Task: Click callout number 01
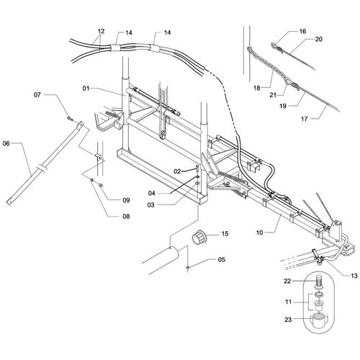(x=86, y=89)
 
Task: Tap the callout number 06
(x=6, y=143)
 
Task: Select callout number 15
(x=225, y=233)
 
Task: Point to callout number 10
(x=260, y=233)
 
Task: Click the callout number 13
(x=354, y=276)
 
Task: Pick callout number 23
(x=288, y=320)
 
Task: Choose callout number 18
(x=257, y=88)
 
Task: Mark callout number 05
(x=222, y=259)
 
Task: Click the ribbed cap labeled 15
(x=198, y=237)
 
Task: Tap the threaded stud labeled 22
(x=319, y=281)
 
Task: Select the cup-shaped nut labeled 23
(x=319, y=320)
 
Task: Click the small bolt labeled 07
(x=70, y=118)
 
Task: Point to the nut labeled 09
(x=101, y=184)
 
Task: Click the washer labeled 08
(x=92, y=180)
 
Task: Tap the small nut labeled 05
(x=188, y=267)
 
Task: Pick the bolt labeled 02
(x=197, y=167)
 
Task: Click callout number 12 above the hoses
(x=102, y=31)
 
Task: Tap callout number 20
(x=318, y=39)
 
